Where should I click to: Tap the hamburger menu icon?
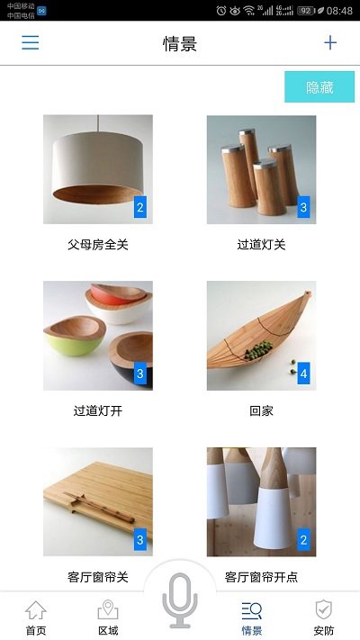31,43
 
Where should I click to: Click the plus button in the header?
330,43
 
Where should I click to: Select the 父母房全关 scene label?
98,245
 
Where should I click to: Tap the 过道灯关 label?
261,245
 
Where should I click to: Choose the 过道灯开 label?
98,411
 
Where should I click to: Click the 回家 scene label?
261,411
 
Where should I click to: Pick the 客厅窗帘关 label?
98,577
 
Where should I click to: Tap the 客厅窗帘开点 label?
261,577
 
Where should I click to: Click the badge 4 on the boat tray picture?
303,373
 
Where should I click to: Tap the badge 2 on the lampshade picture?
140,207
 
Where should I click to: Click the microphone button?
180,600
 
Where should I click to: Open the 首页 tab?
36,618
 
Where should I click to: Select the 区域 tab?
108,618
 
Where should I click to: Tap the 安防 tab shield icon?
324,609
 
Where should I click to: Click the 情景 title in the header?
180,44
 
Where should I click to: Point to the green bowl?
74,337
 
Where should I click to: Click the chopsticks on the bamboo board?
99,508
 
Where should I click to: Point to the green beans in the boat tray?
259,350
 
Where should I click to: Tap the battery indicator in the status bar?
305,11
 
